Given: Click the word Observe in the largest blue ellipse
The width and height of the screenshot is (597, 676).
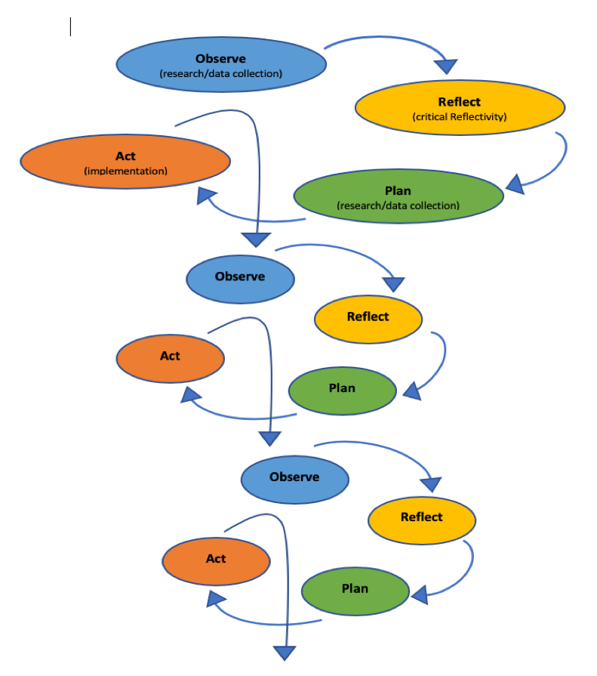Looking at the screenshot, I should tap(220, 59).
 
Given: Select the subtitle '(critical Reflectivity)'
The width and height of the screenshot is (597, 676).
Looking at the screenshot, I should tap(459, 117).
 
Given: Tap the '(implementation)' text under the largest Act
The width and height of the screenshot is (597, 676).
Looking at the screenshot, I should tap(125, 171).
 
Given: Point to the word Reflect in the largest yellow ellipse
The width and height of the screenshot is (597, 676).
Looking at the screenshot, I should tap(459, 102).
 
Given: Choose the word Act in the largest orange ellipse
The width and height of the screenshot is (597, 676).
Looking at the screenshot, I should tap(125, 156).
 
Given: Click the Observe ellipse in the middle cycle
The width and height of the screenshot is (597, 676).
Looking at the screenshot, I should tap(240, 277).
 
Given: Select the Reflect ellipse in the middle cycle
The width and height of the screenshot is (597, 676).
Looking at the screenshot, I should tap(368, 317).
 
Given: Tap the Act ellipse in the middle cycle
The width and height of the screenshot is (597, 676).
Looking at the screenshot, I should tap(170, 357).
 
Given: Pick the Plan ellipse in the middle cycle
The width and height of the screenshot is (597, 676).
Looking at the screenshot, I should tap(342, 389).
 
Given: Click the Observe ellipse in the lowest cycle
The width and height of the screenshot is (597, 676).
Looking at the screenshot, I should tap(294, 477).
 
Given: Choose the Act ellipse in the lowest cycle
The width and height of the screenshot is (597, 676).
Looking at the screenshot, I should tap(216, 559).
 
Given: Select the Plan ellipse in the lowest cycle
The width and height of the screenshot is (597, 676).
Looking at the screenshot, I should tap(355, 589).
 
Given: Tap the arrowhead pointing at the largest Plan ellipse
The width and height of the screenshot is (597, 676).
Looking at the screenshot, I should tap(515, 184).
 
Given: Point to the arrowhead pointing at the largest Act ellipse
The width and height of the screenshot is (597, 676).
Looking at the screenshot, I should tap(208, 196).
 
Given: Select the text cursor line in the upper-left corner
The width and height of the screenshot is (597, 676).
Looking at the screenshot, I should tap(70, 27).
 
